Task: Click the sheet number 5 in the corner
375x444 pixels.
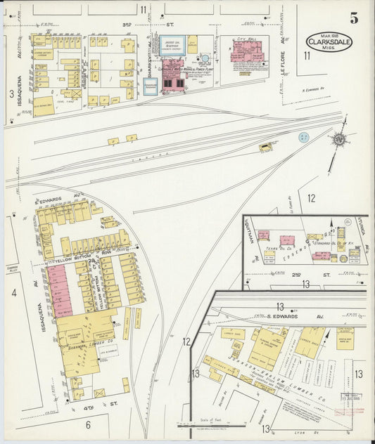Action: point(353,18)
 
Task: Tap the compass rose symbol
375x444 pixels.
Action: point(339,140)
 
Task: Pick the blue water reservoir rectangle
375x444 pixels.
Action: point(170,46)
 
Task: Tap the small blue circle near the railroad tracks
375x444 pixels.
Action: point(303,137)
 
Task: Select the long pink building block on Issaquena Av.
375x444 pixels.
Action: point(60,289)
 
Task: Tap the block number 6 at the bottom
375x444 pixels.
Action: point(89,424)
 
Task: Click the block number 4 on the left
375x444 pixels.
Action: point(13,292)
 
